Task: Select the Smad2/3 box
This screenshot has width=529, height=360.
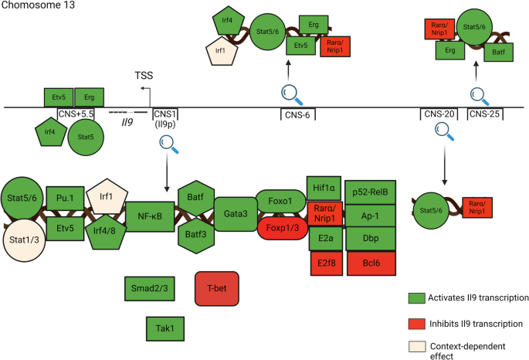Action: pyautogui.click(x=148, y=287)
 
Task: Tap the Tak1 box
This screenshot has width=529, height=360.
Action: pyautogui.click(x=163, y=328)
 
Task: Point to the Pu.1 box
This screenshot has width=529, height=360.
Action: pyautogui.click(x=65, y=197)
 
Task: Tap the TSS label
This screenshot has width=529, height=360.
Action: pyautogui.click(x=144, y=76)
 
